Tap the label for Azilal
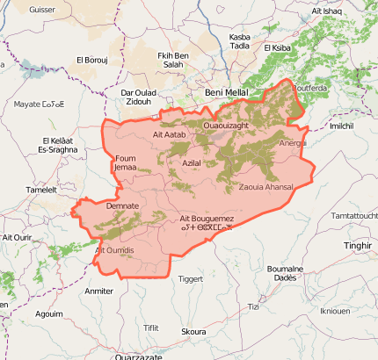[191, 163]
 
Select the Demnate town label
[122, 205]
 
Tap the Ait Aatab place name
[170, 134]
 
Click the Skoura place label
[193, 331]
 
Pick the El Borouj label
[91, 60]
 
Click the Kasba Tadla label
[239, 41]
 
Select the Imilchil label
[341, 126]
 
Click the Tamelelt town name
[41, 189]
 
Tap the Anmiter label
[98, 291]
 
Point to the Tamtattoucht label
[355, 215]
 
